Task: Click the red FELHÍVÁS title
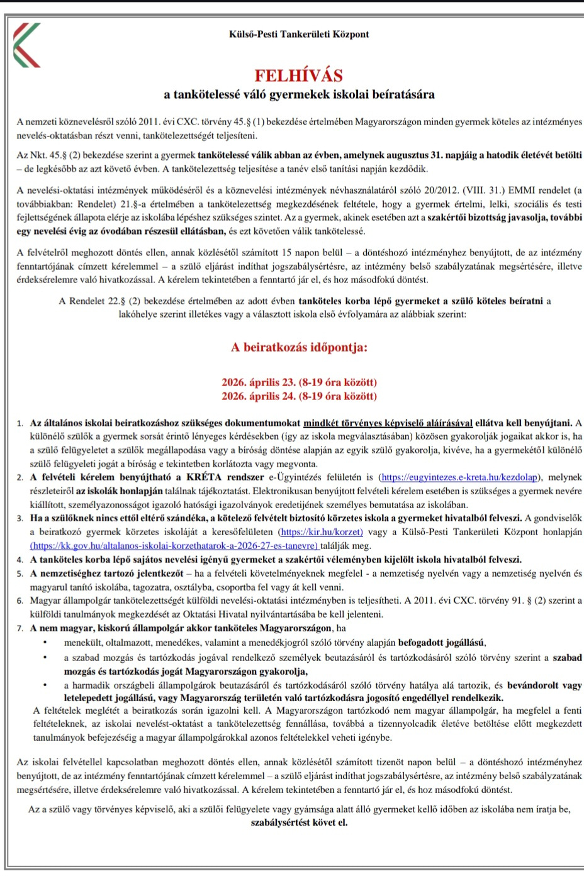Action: (299, 75)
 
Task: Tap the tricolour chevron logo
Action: (26, 45)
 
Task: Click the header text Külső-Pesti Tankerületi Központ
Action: (299, 34)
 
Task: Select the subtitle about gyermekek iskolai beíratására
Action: (299, 95)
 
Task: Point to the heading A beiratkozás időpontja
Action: (299, 347)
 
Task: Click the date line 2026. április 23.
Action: (299, 382)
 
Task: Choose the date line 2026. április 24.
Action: (299, 396)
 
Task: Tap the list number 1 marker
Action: (20, 424)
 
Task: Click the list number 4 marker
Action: (20, 560)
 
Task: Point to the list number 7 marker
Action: (20, 628)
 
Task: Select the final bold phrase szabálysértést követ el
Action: (299, 822)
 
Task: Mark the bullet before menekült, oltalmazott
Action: (45, 643)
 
